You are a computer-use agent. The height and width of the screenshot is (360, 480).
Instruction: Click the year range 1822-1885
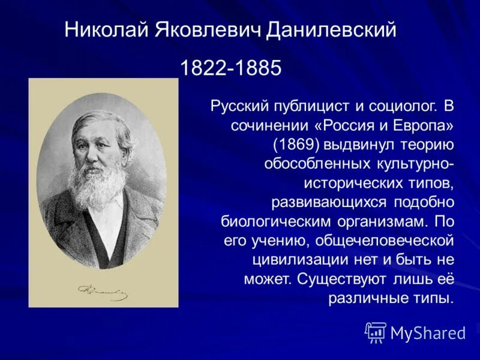(230, 68)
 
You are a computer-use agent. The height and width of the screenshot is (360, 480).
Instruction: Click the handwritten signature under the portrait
(103, 292)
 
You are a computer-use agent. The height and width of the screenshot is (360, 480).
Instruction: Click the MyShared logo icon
(376, 332)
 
